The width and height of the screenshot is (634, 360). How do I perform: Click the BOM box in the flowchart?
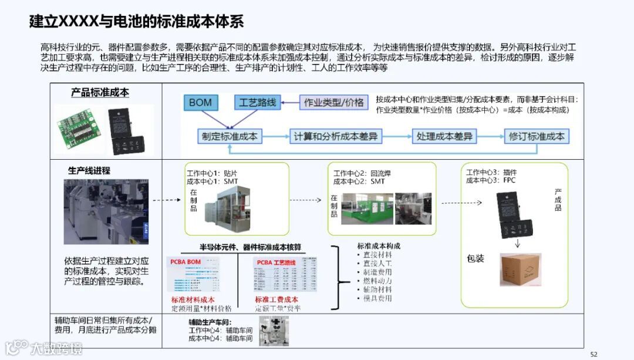tap(200, 103)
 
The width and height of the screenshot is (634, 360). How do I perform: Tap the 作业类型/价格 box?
tap(333, 103)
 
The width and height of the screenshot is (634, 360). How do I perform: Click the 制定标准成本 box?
tap(230, 136)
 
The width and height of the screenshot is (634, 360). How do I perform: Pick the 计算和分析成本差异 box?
tap(336, 136)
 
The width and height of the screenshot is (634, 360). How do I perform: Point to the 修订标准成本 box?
tap(537, 136)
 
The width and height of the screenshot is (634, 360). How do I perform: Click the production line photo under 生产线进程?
tap(106, 212)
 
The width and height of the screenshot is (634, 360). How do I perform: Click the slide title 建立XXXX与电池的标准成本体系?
tap(136, 22)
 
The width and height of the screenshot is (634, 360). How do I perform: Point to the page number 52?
tap(593, 354)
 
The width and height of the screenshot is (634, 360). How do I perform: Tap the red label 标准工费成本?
tap(276, 300)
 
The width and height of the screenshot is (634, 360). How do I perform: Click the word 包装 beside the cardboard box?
tap(475, 258)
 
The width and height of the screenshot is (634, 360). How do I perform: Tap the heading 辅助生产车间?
tap(210, 322)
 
